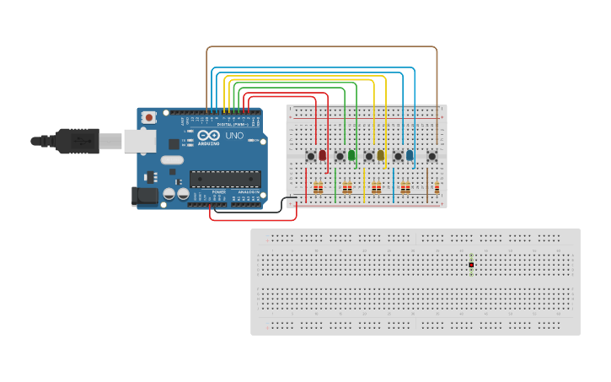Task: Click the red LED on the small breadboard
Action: click(x=322, y=155)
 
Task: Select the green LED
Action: click(x=351, y=155)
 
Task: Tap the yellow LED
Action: click(x=380, y=155)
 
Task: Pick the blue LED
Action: click(x=410, y=155)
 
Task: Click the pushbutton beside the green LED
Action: click(x=340, y=156)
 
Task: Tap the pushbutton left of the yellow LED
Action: click(x=368, y=156)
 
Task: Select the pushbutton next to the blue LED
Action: click(x=398, y=156)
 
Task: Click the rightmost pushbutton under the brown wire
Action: click(x=431, y=156)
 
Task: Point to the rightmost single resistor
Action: click(x=437, y=188)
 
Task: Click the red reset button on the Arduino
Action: click(x=149, y=117)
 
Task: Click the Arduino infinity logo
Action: click(x=205, y=137)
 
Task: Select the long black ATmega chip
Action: click(x=224, y=178)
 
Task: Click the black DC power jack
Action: click(x=144, y=196)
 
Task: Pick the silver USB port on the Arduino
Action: click(x=139, y=141)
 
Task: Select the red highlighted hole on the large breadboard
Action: click(x=471, y=265)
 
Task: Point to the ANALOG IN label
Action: click(x=248, y=192)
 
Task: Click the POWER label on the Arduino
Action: click(x=218, y=192)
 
